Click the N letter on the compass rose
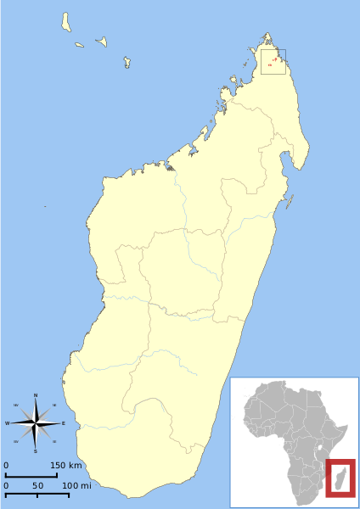point(36,395)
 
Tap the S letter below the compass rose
point(36,451)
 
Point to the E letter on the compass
point(63,423)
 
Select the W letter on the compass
point(8,423)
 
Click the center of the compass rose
point(36,423)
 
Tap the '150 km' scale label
point(65,466)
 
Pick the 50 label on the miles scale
point(38,485)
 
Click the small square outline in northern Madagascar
point(273,62)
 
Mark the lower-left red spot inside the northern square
point(269,64)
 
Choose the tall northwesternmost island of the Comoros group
point(65,22)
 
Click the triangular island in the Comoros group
point(102,41)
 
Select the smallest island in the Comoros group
point(79,45)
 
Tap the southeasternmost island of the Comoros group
point(127,61)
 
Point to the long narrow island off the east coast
point(290,202)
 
